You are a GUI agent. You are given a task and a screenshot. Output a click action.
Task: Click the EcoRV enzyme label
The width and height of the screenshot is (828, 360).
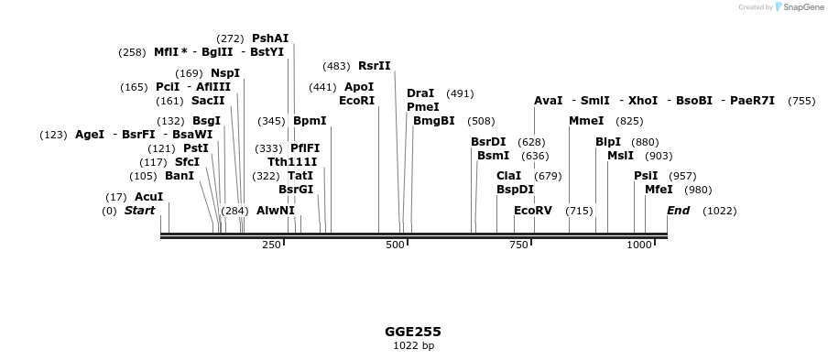532,211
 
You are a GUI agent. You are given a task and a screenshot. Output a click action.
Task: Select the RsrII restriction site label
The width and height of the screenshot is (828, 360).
374,66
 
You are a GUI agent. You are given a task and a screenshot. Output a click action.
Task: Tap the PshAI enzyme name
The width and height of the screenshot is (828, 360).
270,38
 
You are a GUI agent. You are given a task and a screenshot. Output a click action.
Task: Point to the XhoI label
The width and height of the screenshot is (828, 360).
643,101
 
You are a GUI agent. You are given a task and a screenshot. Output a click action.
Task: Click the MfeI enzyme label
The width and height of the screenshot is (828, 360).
659,190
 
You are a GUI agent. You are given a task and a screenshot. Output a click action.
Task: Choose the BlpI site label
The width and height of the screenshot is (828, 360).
608,142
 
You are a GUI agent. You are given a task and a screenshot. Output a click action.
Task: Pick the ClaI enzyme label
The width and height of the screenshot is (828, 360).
508,176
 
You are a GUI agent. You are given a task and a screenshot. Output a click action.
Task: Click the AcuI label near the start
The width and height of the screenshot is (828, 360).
148,197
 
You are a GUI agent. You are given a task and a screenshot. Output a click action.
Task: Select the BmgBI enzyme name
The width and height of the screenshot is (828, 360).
433,121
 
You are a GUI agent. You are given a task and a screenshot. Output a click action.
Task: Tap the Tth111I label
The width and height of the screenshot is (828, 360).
292,162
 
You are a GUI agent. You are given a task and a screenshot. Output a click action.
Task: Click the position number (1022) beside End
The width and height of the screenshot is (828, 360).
719,212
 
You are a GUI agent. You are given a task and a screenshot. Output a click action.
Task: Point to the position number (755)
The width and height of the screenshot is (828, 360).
801,101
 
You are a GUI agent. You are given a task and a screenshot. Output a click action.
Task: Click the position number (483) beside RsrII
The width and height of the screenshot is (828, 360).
336,66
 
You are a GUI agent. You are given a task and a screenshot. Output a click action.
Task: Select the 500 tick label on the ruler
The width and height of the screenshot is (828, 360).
395,245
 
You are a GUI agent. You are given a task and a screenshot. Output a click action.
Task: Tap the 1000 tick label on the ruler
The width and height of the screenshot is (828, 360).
639,245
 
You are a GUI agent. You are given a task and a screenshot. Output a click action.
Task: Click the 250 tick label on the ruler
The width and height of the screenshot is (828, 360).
271,245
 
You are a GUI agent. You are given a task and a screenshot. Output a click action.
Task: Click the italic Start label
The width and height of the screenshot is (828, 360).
139,211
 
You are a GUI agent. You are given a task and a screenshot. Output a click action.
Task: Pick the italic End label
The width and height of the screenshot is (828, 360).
678,211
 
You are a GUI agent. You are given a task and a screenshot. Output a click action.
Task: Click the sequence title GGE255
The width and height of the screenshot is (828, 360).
413,332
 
